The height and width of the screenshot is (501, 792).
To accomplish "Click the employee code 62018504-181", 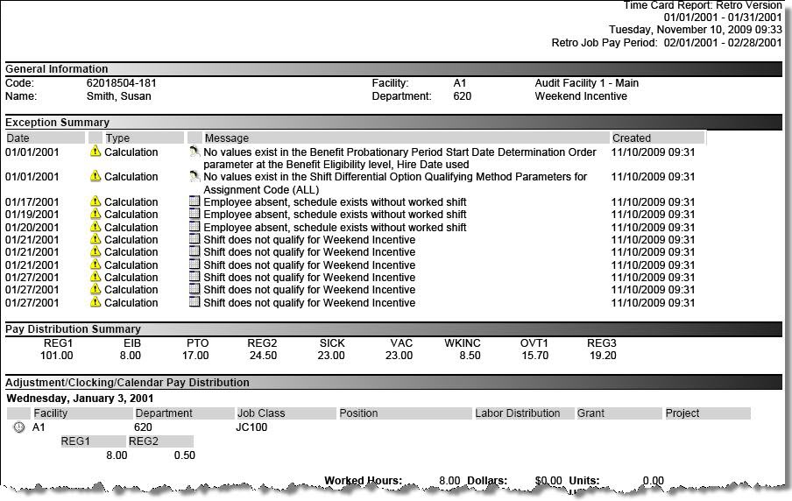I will [x=122, y=83].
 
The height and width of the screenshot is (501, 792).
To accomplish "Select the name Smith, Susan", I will [x=118, y=96].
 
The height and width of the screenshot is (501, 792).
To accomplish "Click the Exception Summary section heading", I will [x=58, y=123].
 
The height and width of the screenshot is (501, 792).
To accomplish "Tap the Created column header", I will [x=632, y=138].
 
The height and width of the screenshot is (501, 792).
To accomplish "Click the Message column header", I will [x=227, y=138].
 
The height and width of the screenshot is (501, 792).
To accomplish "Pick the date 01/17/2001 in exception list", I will [x=32, y=202].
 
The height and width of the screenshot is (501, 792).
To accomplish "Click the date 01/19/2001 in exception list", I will [x=32, y=215].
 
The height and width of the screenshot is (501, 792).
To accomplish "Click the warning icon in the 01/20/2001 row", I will [x=95, y=227].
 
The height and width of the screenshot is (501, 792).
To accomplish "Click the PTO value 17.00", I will [x=194, y=356].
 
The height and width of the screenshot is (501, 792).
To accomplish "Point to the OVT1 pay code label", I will [x=534, y=343].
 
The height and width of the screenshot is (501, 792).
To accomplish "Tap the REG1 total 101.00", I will [x=58, y=356].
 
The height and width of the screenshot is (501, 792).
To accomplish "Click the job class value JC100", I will [x=251, y=427].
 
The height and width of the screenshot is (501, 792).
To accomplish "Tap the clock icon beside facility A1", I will [x=19, y=427].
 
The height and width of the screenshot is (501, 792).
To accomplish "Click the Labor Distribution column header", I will [x=518, y=413].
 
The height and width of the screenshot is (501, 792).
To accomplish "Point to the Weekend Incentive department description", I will [x=582, y=96].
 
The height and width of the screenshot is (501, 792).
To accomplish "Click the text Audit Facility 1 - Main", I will [x=587, y=83].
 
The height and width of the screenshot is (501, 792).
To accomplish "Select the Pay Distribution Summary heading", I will [x=73, y=329].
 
